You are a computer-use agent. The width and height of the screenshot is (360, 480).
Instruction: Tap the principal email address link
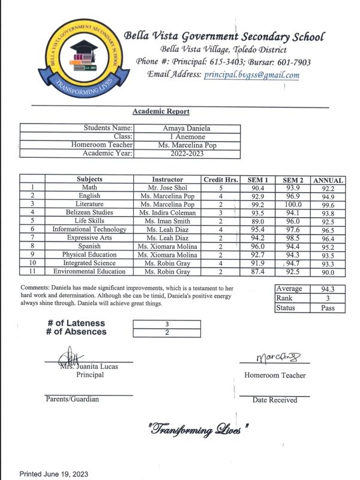point(251,76)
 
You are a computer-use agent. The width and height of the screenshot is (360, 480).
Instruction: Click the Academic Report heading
point(161,112)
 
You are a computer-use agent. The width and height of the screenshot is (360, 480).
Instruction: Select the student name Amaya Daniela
point(188,128)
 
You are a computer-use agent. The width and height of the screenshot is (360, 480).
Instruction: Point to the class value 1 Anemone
point(188,137)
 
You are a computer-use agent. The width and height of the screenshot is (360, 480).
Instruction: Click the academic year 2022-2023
point(188,154)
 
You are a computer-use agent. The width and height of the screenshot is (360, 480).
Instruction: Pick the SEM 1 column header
point(258,179)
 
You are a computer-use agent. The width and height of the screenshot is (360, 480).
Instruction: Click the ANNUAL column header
point(328,180)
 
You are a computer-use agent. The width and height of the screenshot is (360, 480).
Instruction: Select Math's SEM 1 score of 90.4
point(258,188)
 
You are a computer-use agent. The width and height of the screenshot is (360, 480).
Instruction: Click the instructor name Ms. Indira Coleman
point(167,213)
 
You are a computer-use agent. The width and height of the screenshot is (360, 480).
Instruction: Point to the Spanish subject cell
point(89,246)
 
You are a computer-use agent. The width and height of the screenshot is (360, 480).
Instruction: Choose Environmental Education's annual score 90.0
point(328,272)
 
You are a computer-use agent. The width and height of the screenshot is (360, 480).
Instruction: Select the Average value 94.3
point(327,289)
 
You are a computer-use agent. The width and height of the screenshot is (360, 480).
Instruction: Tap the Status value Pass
point(327,308)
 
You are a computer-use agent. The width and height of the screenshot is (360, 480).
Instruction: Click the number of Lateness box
point(167,324)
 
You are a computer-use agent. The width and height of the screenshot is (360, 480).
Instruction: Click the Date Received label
point(275,400)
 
